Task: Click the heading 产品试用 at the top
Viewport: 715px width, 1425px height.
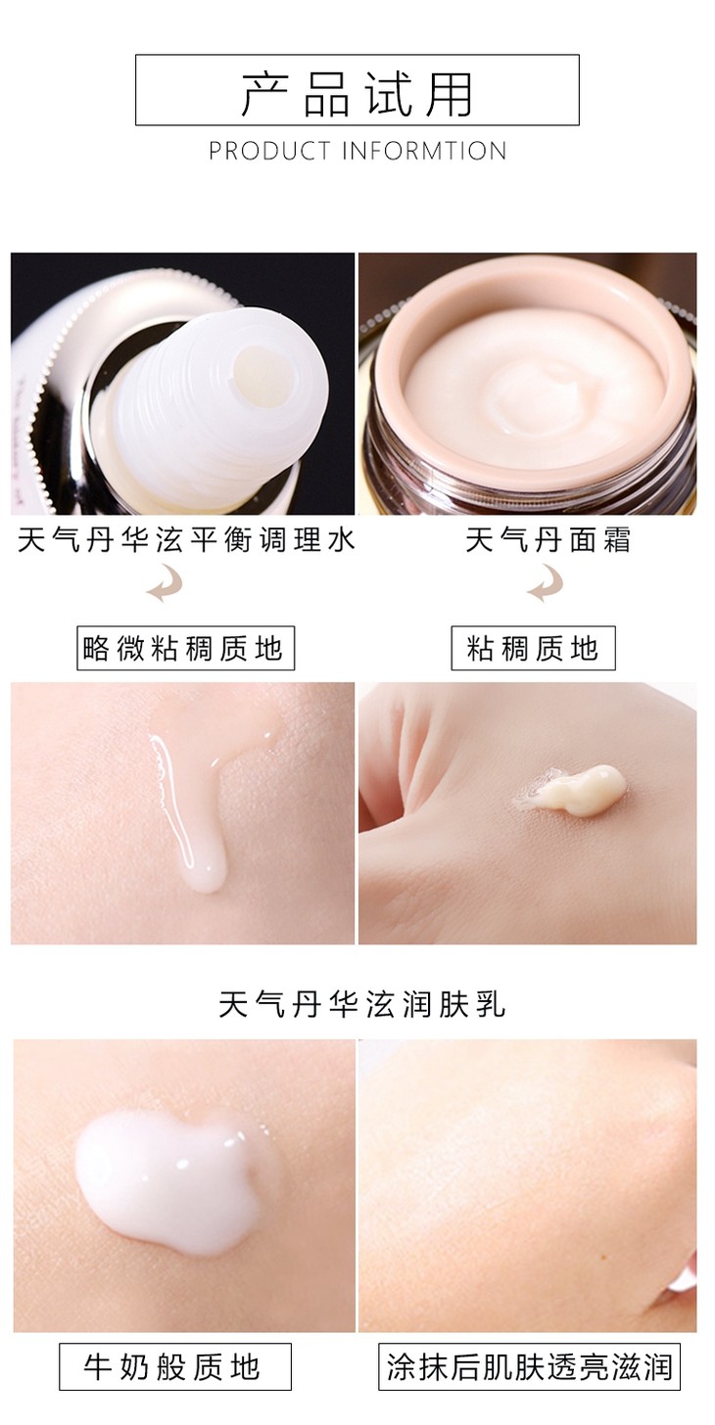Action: (357, 94)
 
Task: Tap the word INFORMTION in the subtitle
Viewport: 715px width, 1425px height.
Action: (424, 151)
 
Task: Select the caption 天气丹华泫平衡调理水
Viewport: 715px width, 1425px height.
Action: (185, 540)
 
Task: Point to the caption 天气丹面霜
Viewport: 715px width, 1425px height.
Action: (547, 540)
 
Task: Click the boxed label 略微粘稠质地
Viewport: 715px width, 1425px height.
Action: (185, 648)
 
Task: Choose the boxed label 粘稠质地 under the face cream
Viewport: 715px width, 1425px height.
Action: (533, 648)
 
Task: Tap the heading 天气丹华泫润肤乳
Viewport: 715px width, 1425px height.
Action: (361, 1005)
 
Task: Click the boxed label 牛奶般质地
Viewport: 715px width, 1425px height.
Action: (175, 1366)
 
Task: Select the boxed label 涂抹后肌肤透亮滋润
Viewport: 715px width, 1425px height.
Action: (529, 1366)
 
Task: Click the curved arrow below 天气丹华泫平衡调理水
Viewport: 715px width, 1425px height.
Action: (165, 584)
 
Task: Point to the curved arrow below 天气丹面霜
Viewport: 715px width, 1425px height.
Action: (545, 584)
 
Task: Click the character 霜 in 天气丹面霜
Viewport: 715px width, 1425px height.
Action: (616, 540)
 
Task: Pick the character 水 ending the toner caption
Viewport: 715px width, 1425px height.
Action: (340, 540)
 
